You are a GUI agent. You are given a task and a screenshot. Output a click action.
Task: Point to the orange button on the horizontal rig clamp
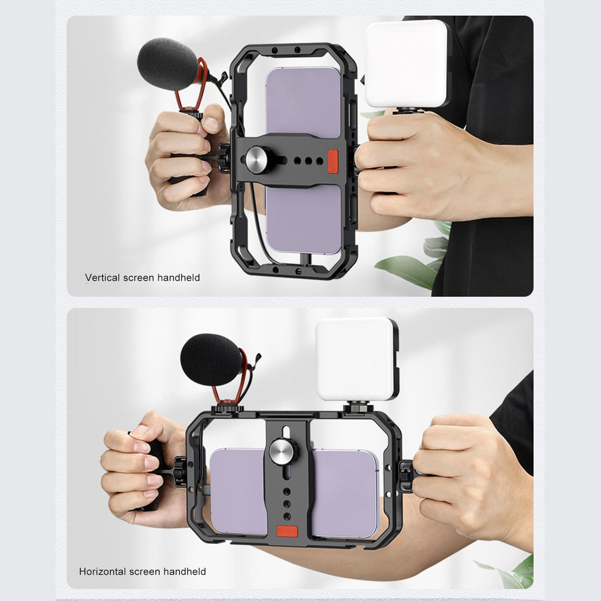287,531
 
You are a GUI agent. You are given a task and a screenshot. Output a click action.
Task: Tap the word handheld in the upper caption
179,277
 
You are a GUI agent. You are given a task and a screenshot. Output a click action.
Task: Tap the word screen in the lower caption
145,571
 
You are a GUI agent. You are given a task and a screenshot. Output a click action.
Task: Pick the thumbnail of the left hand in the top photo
212,123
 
